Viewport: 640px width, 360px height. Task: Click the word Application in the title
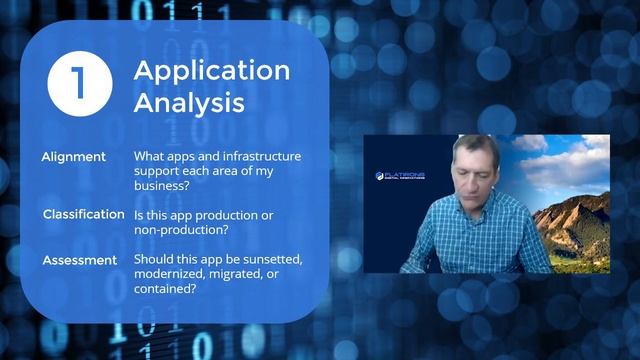point(212,70)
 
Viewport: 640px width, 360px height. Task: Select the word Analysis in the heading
point(190,102)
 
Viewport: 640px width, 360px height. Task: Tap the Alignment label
point(73,157)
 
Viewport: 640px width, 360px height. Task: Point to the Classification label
point(83,214)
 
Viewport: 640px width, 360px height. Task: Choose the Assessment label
point(80,261)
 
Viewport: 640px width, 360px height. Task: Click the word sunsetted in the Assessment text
point(269,260)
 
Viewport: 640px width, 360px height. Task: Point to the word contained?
point(167,290)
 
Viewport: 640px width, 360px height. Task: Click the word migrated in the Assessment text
point(252,275)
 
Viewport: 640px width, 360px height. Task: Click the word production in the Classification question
point(226,215)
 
